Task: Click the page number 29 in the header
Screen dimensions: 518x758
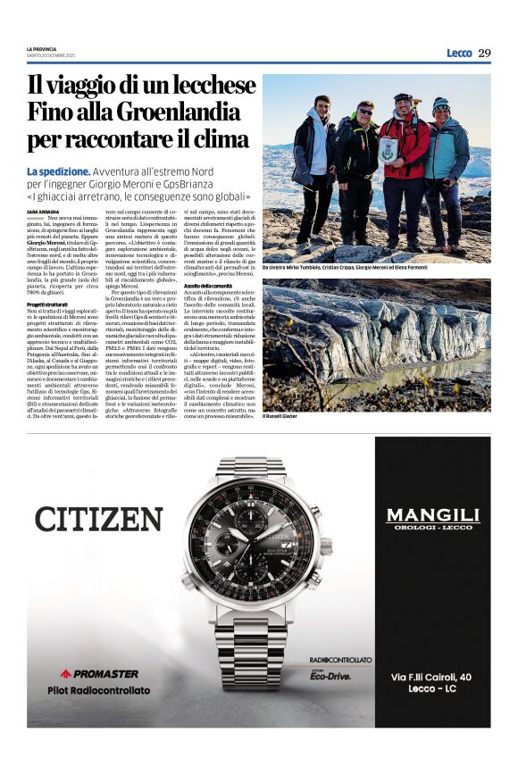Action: tap(483, 53)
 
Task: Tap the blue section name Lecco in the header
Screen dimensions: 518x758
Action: tap(458, 53)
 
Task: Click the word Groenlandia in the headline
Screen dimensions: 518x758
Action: tap(171, 112)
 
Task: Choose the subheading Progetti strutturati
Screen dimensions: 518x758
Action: tap(51, 304)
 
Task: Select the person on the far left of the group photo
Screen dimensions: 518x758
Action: tap(315, 170)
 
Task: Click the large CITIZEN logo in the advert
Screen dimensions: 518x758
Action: tap(98, 518)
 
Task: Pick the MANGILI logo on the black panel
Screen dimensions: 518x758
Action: tap(432, 515)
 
